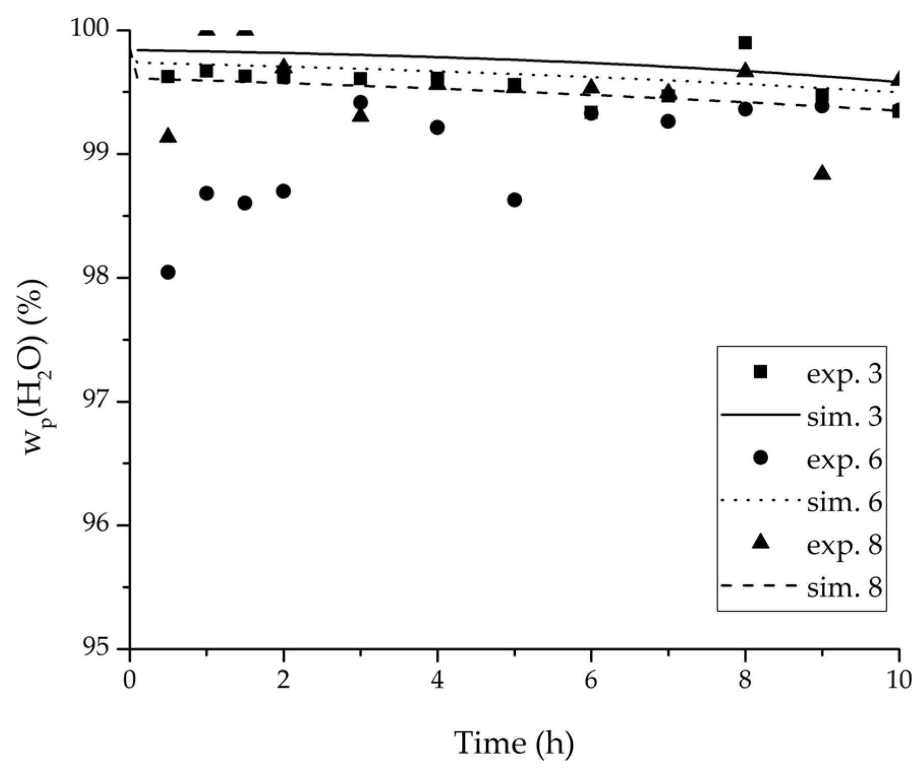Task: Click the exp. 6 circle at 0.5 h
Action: [x=168, y=272]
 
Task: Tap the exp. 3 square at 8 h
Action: [x=745, y=43]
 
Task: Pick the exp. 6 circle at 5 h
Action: [x=514, y=200]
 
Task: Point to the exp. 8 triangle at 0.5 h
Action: [x=168, y=136]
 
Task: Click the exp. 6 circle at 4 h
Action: [x=437, y=127]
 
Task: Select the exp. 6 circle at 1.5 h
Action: [x=245, y=203]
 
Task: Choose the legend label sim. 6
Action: [x=844, y=502]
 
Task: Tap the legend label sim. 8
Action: [x=844, y=588]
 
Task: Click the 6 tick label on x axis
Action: [x=591, y=680]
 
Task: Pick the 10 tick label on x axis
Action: [x=898, y=680]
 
